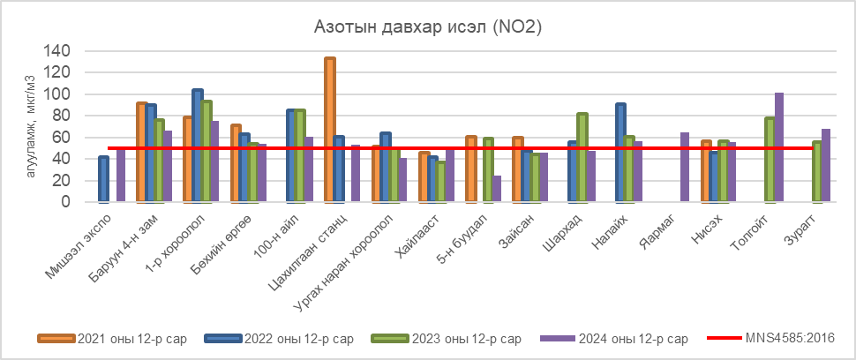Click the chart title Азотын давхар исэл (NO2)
coord(427,28)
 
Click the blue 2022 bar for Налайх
coord(621,153)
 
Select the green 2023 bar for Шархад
coord(582,158)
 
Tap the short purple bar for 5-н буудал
coord(498,189)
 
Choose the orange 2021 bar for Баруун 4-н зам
coord(141,153)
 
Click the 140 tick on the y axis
coord(57,51)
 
